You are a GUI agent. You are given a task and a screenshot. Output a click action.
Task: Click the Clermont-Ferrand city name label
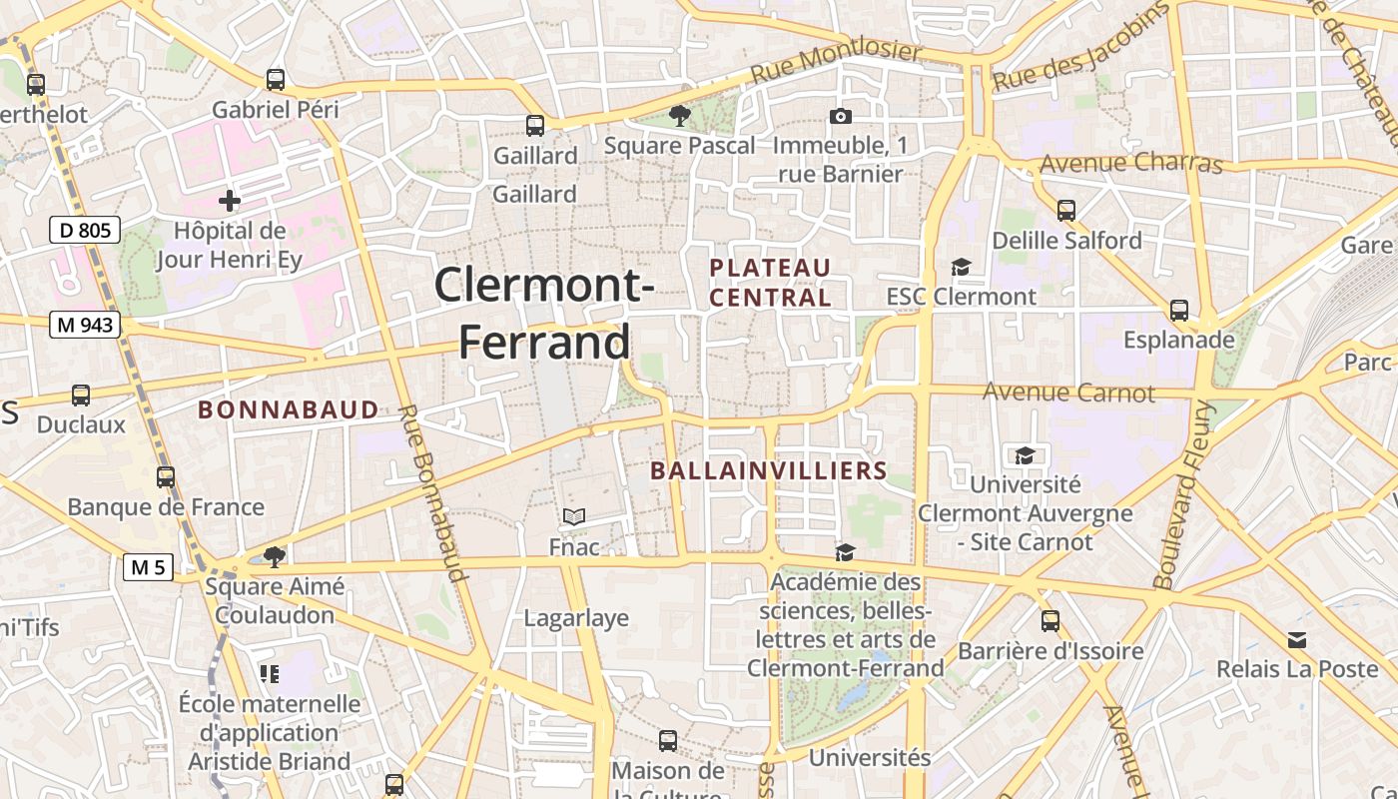click(544, 314)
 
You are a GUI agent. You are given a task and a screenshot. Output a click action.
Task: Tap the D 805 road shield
click(85, 231)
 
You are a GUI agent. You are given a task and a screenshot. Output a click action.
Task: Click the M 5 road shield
click(148, 567)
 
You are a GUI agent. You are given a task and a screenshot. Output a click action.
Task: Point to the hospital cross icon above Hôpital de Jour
click(230, 201)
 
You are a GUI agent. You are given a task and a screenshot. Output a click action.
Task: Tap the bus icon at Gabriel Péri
click(276, 80)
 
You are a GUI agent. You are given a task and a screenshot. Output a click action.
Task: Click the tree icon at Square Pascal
click(680, 116)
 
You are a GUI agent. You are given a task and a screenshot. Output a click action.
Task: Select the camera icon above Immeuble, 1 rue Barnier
click(841, 117)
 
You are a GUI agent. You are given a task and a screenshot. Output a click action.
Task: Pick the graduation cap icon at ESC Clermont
click(961, 267)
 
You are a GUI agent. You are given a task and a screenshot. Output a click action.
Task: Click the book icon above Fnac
click(574, 516)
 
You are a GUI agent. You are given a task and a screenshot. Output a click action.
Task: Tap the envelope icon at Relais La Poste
click(1297, 639)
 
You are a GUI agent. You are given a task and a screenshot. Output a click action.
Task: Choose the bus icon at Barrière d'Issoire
click(1050, 621)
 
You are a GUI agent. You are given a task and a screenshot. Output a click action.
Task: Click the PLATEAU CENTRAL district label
click(770, 283)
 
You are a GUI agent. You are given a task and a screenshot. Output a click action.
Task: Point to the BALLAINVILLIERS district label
click(769, 470)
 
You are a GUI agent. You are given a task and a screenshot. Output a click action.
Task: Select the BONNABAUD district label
click(289, 409)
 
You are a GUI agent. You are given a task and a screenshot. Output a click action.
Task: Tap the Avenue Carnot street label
click(1068, 393)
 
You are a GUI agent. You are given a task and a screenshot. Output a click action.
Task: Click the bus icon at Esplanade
click(1179, 311)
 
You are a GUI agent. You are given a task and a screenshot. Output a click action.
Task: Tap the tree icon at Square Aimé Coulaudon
click(275, 556)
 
